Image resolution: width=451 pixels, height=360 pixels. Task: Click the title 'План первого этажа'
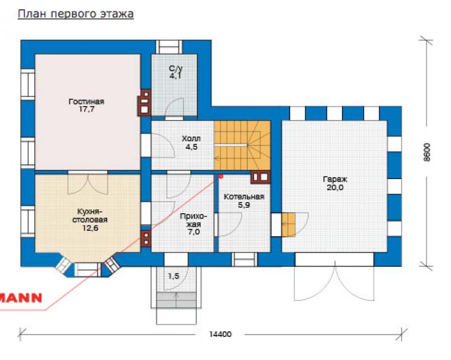[x=76, y=14]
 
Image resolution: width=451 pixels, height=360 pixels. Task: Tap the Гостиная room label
[x=87, y=102]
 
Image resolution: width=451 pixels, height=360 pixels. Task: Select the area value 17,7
[x=87, y=109]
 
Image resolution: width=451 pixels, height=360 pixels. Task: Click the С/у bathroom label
[x=176, y=68]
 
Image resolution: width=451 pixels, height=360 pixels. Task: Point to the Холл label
[x=191, y=139]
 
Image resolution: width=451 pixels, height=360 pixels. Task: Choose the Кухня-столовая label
[x=90, y=216]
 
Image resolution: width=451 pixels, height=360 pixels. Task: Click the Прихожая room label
[x=193, y=220]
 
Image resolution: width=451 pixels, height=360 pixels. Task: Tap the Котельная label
[x=244, y=197]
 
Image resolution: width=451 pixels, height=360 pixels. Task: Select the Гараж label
[x=335, y=180]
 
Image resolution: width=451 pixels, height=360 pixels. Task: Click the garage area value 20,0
[x=335, y=188]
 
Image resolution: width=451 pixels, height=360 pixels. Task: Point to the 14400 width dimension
[x=220, y=334]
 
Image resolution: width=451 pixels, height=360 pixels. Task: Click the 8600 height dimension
[x=427, y=152]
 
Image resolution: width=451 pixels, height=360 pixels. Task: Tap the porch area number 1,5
[x=174, y=276]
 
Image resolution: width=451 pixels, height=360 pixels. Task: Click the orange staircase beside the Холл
[x=242, y=145]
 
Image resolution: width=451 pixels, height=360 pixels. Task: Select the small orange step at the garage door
[x=288, y=225]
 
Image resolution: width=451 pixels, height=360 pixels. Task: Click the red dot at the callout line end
[x=221, y=176]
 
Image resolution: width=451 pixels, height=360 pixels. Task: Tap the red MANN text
[x=21, y=298]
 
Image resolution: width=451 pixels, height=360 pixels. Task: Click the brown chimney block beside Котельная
[x=261, y=177]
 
